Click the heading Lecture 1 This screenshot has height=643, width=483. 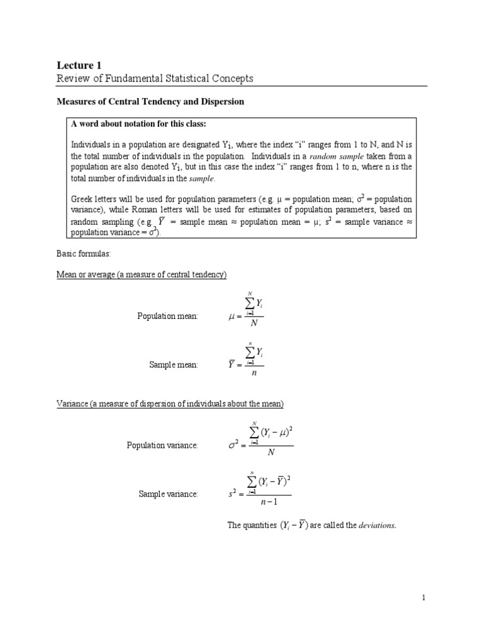click(x=79, y=65)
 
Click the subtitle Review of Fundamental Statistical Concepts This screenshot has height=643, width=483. click(x=155, y=78)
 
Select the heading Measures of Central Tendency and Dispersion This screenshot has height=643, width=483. click(x=150, y=101)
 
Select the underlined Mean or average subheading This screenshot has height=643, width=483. click(x=142, y=275)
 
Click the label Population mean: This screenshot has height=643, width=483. click(x=168, y=316)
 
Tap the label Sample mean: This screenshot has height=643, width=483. click(x=174, y=364)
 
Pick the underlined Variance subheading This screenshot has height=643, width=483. click(x=170, y=403)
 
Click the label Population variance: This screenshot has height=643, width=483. click(x=162, y=445)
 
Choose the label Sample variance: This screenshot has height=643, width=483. click(x=169, y=494)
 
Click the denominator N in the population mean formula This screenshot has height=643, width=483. click(x=254, y=324)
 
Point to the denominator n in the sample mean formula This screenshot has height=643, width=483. click(x=254, y=372)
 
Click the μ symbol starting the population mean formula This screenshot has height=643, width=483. click(x=231, y=316)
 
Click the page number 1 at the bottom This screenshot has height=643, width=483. click(x=424, y=598)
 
